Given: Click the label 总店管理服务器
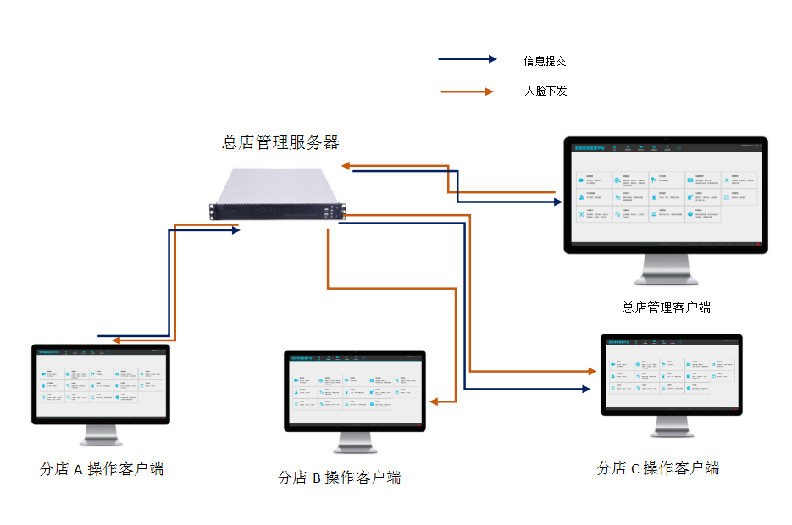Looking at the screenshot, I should point(280,142).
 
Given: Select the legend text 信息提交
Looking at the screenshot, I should point(545,61).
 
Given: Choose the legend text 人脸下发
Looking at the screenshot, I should point(546,91).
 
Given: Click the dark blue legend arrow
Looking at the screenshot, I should point(468,59).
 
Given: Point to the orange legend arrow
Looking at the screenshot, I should point(468,91).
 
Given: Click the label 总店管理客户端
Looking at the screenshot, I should point(667,307).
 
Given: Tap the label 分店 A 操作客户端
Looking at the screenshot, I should point(102,469).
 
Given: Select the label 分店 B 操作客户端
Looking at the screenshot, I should point(339,478).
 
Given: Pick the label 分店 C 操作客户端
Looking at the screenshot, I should point(658,468).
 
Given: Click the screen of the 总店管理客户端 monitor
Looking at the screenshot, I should point(665,193).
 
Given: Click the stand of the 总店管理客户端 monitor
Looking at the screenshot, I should point(667,271).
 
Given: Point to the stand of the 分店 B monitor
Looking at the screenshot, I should point(354,440).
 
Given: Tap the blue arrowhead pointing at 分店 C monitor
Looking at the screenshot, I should point(584,389).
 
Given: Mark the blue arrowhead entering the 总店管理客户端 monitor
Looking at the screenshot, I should point(557,202).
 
